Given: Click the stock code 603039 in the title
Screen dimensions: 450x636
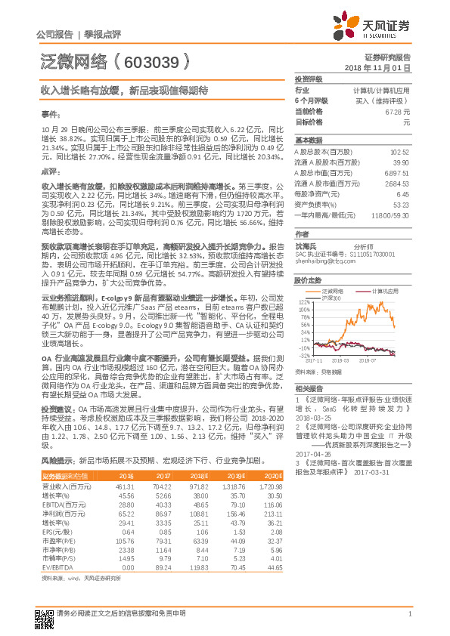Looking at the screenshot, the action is [x=161, y=61].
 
